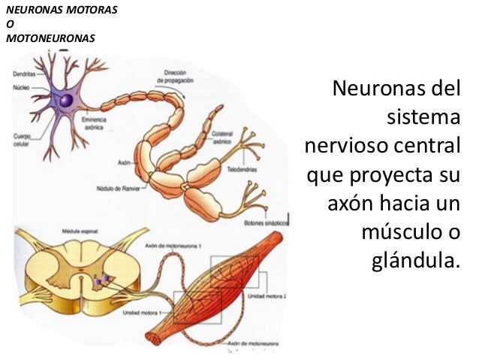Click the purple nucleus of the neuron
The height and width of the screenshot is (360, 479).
(x=66, y=99)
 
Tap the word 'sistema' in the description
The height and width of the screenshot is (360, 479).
(x=423, y=118)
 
